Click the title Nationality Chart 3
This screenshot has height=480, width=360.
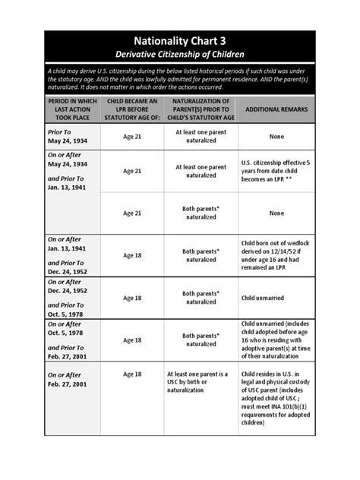179,41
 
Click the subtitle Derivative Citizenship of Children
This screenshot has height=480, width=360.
179,54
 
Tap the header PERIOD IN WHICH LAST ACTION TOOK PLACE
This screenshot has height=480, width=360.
72,109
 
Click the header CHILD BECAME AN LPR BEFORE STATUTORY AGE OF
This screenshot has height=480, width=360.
132,109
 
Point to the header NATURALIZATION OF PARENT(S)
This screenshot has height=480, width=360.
201,109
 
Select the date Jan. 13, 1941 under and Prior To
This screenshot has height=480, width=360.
68,187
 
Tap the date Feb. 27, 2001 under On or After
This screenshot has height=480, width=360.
69,385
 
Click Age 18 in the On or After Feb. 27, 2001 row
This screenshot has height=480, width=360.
132,374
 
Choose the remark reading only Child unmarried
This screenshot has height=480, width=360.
266,298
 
